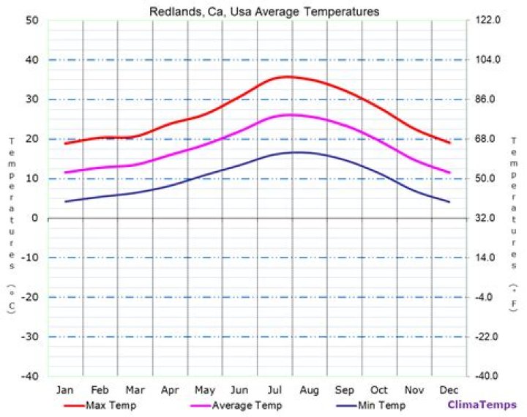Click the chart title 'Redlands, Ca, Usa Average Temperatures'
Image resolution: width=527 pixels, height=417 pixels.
[x=264, y=12]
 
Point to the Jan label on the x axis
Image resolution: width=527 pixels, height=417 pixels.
[x=65, y=389]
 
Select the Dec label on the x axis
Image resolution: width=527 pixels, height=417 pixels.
[x=449, y=389]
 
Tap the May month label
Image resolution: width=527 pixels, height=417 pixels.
[x=205, y=389]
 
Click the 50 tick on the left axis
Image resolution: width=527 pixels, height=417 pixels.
[x=31, y=20]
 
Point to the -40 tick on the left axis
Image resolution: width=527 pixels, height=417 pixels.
[x=29, y=376]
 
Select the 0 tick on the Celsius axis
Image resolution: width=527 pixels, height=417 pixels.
[x=34, y=218]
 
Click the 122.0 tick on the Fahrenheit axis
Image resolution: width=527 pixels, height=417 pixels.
[x=487, y=20]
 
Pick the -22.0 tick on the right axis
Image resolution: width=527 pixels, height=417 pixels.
[x=487, y=337]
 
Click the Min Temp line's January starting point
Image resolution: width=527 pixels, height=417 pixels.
[x=65, y=202]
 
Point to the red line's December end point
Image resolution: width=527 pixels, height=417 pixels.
[x=449, y=143]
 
